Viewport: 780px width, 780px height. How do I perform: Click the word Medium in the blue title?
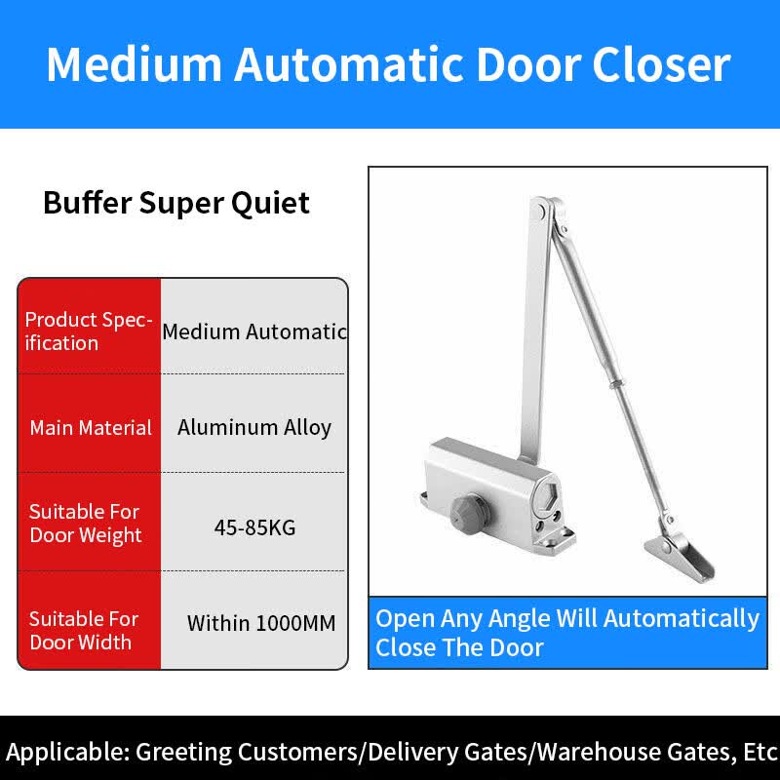coord(135,64)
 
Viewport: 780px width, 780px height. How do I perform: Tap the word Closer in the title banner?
coord(661,64)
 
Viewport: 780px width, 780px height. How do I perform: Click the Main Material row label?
coord(91,428)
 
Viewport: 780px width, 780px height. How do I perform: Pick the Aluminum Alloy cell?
coord(254,428)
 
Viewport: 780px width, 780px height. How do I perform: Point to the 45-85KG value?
coord(254,527)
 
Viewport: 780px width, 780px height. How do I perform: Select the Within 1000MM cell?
coord(261,623)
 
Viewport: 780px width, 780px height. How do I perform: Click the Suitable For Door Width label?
coord(84,631)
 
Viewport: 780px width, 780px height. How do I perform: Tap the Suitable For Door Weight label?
coord(85,524)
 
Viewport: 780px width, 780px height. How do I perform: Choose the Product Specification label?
coord(88,331)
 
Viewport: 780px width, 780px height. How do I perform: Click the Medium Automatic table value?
coord(254,331)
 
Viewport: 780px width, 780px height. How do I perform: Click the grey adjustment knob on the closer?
coord(468,513)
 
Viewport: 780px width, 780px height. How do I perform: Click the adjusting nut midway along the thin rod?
coord(616,384)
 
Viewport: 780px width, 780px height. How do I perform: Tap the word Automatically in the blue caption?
coord(682,620)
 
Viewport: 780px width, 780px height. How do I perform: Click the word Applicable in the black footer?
coord(66,752)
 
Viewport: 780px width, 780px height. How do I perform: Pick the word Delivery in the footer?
coord(413,752)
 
